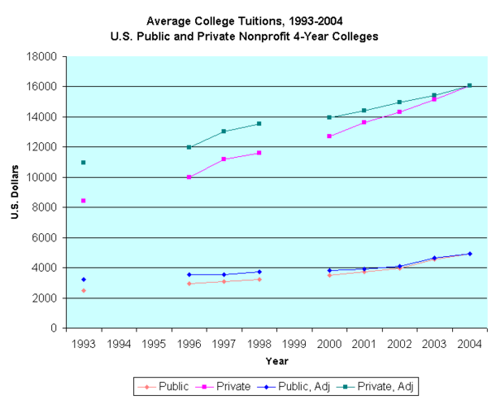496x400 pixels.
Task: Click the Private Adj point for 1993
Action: pyautogui.click(x=83, y=162)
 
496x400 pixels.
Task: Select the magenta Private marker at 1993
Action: pyautogui.click(x=83, y=201)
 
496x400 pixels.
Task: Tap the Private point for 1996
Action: pyautogui.click(x=189, y=177)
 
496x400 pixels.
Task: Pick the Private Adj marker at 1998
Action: pyautogui.click(x=260, y=124)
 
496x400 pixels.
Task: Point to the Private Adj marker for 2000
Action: pyautogui.click(x=330, y=117)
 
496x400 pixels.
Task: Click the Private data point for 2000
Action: pyautogui.click(x=330, y=136)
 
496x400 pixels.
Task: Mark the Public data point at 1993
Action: pyautogui.click(x=83, y=290)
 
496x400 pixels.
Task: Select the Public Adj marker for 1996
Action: pyautogui.click(x=189, y=274)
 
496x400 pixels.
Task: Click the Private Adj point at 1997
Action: pyautogui.click(x=224, y=131)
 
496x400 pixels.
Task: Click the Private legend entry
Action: pyautogui.click(x=226, y=385)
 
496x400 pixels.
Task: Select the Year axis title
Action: pyautogui.click(x=277, y=360)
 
